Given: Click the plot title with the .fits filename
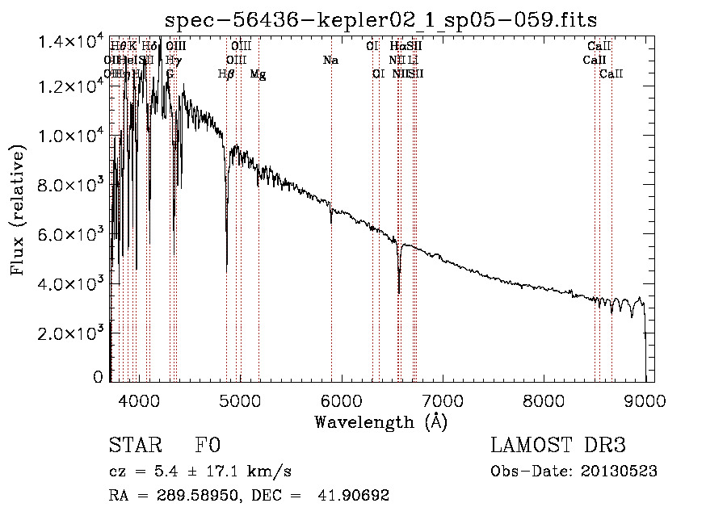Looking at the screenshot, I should tap(380, 19).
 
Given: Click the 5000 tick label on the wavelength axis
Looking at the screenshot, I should tap(239, 399).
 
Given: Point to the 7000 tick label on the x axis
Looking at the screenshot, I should tap(443, 399).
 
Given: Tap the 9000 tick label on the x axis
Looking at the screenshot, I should tap(645, 399).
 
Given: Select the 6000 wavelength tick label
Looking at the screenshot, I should tap(341, 399).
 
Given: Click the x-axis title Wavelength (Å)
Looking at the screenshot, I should tap(380, 421).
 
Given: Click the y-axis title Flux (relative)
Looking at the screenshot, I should tap(18, 209).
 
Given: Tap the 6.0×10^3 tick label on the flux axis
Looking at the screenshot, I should tap(72, 235).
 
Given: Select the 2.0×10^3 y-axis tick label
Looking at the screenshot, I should tap(72, 333).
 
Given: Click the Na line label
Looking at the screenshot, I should tap(330, 60).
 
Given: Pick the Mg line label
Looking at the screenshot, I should tap(258, 74).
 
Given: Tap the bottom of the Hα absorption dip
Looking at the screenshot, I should tap(399, 292).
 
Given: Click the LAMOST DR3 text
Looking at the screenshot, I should tap(558, 446).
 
